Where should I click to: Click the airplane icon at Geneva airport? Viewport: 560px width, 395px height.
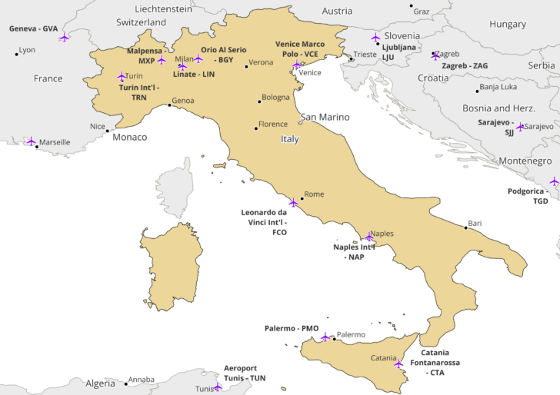[x=63, y=36]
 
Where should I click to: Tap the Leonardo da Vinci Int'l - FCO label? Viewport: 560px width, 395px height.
[x=264, y=221]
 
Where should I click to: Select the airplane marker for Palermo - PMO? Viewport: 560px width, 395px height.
[x=325, y=337]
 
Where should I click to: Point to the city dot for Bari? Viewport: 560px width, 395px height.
[x=465, y=227]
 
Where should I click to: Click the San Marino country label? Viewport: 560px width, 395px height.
[x=325, y=117]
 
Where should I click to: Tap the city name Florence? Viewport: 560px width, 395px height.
[x=273, y=124]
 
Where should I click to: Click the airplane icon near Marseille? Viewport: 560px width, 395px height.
[x=32, y=141]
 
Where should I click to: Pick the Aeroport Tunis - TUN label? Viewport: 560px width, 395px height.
[x=245, y=373]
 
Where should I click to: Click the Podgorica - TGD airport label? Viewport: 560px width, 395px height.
[x=528, y=196]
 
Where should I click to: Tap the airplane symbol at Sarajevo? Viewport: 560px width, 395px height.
[x=520, y=127]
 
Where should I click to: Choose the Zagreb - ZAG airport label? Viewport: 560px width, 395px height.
[x=465, y=66]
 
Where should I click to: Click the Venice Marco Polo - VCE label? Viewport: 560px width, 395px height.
[x=300, y=49]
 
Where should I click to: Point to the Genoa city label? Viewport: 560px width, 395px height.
[x=183, y=101]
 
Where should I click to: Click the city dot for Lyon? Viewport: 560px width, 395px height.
[x=17, y=54]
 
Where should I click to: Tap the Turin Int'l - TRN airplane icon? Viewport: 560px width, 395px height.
[x=121, y=76]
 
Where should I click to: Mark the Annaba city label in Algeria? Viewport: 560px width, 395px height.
[x=141, y=379]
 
